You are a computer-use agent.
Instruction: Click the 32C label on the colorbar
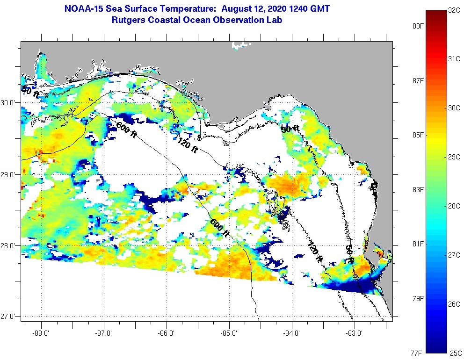454,9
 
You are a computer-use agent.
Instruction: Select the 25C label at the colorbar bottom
454,353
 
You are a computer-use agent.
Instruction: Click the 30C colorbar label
454,108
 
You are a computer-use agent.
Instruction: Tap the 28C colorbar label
454,206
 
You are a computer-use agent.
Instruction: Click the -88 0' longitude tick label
42,333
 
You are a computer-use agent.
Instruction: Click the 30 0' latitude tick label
8,103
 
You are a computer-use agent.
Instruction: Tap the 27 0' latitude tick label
8,317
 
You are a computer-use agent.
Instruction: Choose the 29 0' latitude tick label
8,174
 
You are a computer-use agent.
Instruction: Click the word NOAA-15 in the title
82,8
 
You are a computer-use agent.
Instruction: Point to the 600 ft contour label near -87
126,129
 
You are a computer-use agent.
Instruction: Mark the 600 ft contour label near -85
219,228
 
